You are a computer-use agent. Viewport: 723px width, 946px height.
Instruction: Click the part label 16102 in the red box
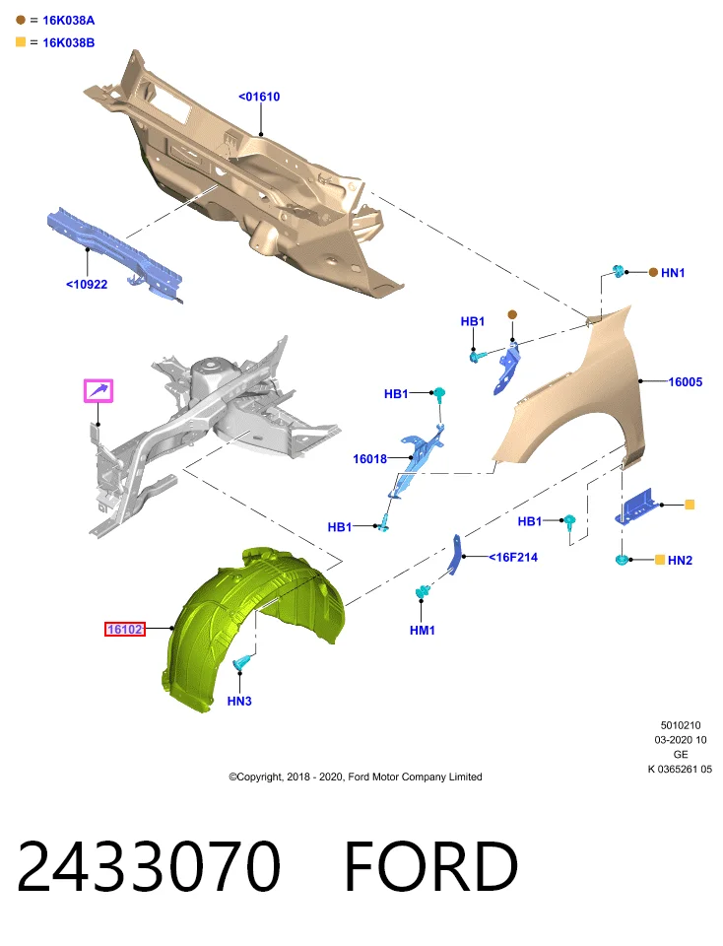coord(125,630)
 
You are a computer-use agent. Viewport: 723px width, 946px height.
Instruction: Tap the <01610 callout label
coord(259,97)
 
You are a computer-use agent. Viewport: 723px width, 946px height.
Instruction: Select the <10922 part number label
coord(87,284)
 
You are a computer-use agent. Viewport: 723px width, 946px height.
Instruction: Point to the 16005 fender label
coord(685,382)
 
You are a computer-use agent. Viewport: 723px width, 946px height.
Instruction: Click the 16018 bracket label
coord(369,459)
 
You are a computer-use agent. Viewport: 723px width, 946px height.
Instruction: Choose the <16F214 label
coord(513,558)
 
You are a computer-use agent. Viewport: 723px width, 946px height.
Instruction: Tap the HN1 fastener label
coord(673,273)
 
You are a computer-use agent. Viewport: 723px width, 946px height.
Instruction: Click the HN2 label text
coord(680,561)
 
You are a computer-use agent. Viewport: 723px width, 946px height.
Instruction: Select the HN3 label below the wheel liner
coord(239,701)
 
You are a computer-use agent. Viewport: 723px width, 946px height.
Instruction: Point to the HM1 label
coord(423,631)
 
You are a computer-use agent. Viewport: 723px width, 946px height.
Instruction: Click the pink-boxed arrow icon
coord(99,391)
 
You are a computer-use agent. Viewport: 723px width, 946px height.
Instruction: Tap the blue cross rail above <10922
coord(114,253)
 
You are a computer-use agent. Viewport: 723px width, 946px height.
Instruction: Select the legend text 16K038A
coord(69,21)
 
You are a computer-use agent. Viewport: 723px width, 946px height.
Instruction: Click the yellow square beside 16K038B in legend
coord(21,41)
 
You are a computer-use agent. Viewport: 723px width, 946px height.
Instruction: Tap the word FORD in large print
coord(430,866)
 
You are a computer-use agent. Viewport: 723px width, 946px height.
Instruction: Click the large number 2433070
coord(149,866)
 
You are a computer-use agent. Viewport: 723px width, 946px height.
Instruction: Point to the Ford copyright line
coord(356,777)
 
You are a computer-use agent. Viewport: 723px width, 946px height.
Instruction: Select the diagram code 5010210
coord(681,725)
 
